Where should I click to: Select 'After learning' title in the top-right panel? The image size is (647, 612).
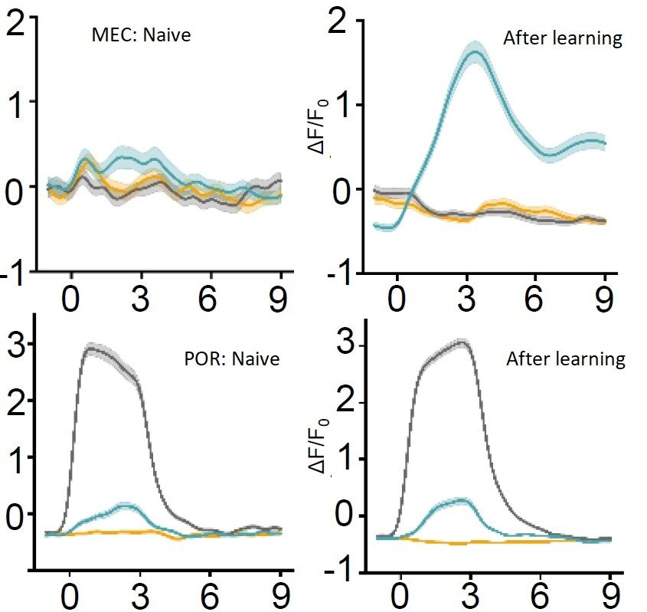562,38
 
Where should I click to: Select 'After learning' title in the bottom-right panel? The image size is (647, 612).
565,358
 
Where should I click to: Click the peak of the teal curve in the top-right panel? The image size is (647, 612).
475,52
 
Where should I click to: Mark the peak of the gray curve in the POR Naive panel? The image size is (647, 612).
93,349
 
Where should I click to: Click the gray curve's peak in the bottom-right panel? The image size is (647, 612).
462,342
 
